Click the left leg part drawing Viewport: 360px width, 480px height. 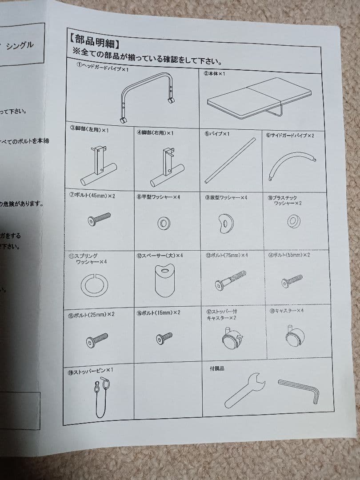98,167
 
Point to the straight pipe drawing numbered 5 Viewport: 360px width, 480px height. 230,161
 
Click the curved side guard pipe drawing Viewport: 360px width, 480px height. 291,165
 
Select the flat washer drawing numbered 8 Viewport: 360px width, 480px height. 164,224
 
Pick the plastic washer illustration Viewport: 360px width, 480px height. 293,222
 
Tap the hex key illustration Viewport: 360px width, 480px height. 299,390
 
